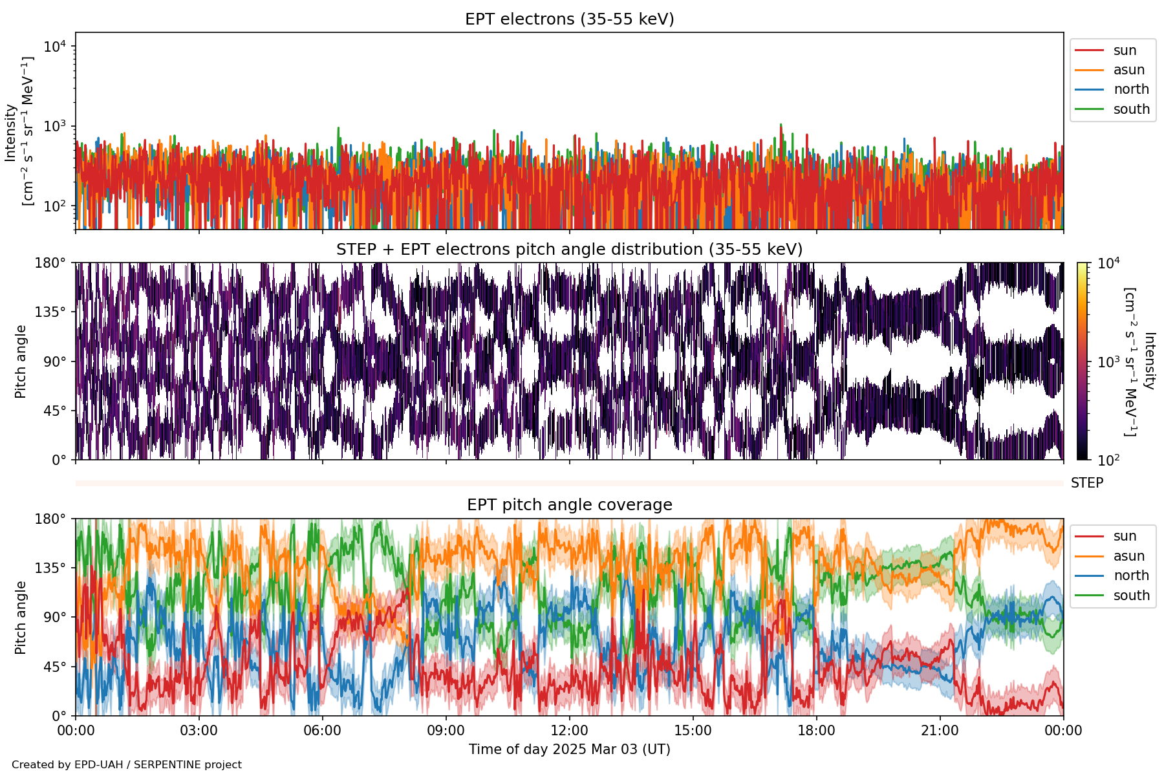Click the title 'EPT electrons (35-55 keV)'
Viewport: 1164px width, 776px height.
point(569,19)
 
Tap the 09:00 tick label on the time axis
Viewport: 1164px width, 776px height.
point(446,731)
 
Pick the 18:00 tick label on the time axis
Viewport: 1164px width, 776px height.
point(816,731)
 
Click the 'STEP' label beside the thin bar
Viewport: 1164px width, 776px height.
point(1086,483)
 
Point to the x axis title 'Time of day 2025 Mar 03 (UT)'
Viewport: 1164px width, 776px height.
point(569,749)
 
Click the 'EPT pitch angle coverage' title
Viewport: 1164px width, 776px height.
point(569,505)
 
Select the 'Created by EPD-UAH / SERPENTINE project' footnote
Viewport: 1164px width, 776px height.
point(127,764)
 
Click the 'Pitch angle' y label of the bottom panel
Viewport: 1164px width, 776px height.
point(21,618)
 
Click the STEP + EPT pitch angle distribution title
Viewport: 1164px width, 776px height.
point(569,250)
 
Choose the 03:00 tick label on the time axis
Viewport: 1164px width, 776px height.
point(199,731)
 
